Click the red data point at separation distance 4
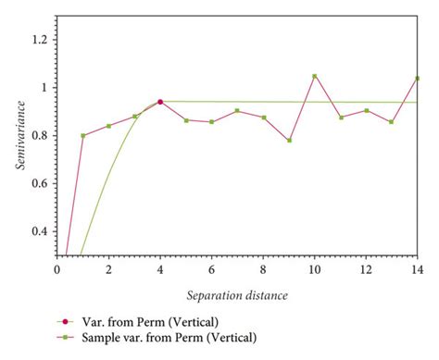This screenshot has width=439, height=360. click(x=160, y=102)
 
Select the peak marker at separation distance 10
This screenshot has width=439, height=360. click(x=315, y=76)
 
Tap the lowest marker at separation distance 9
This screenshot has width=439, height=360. click(x=289, y=141)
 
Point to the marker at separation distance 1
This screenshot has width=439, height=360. click(x=82, y=135)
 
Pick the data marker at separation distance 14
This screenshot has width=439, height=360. click(x=418, y=79)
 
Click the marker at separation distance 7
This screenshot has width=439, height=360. click(x=237, y=111)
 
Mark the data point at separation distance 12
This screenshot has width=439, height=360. click(x=366, y=111)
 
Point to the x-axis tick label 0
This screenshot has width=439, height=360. click(x=56, y=269)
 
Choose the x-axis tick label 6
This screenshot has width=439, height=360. click(x=211, y=269)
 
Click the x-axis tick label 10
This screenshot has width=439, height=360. click(x=315, y=269)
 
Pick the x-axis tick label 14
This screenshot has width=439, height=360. click(x=418, y=269)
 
